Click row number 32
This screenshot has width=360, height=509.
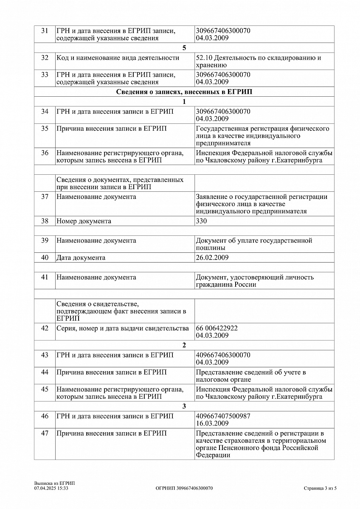coord(45,58)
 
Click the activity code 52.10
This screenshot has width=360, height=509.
coord(204,58)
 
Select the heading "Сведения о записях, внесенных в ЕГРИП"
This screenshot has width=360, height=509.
coord(184,92)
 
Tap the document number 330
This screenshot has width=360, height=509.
coord(202,221)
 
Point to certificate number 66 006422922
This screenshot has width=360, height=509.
coord(217,328)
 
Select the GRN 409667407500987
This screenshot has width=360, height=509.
coord(223,416)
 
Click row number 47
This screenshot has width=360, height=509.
coord(45,433)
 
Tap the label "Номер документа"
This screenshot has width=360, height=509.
coord(84,221)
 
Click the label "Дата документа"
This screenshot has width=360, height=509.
coord(81,257)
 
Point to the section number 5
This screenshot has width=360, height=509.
coord(184,48)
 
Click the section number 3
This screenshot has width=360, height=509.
coord(184,406)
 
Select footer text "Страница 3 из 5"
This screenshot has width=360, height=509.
coord(320,488)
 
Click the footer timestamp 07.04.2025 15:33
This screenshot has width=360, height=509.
coord(51,488)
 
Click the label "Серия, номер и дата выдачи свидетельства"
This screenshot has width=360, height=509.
coord(123,328)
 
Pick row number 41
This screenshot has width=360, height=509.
coord(45,277)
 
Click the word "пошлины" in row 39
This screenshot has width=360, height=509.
coord(211,248)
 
